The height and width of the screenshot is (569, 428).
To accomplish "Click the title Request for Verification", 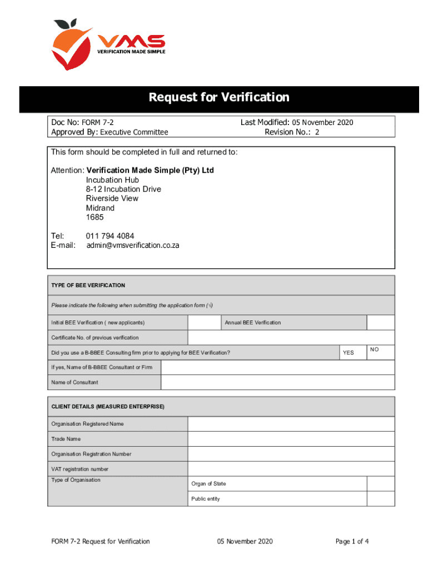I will (x=218, y=98).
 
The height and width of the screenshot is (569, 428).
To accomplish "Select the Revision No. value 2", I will (x=317, y=132).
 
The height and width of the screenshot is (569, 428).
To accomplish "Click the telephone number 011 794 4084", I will (x=110, y=236).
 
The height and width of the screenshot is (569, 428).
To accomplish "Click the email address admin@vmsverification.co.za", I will (x=133, y=245).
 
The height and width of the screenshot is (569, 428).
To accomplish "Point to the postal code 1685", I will (x=94, y=217).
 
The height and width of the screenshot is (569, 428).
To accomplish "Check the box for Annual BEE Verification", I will (x=381, y=323).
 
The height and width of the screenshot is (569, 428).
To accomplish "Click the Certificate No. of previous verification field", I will (x=291, y=338).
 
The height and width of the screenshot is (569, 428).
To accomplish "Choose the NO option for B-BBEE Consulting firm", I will (x=381, y=351).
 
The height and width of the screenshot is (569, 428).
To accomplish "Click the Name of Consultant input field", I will (x=277, y=382).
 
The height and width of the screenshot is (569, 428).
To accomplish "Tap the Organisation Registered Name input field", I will (x=291, y=424).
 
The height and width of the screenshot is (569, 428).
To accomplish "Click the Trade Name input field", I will (x=291, y=439).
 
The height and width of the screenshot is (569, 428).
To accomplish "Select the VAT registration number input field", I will (x=291, y=469).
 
